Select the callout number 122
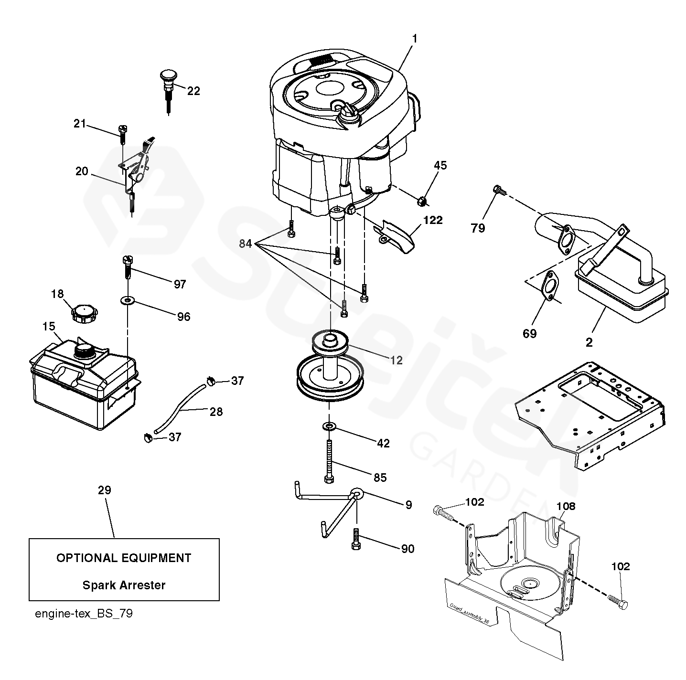coord(432,220)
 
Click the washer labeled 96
coord(128,301)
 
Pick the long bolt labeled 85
coord(330,461)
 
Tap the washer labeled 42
coord(329,425)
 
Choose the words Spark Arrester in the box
coord(124,585)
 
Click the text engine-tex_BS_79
coord(84,614)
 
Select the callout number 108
coord(566,506)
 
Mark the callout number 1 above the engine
coord(414,39)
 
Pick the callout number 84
coord(246,244)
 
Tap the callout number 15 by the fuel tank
coord(48,327)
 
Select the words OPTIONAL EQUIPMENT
coord(124,558)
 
